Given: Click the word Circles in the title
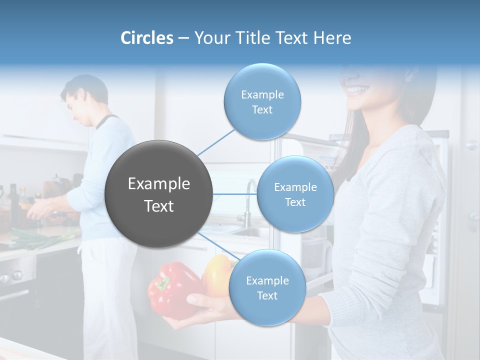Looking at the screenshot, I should point(146,38).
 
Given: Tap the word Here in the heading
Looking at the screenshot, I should point(332,38).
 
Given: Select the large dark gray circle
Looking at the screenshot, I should point(159,194).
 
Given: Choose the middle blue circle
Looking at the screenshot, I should point(295,194).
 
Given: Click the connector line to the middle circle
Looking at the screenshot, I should point(235,194).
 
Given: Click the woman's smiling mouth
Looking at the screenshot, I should point(357,90).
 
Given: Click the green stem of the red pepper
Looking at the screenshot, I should point(162,284).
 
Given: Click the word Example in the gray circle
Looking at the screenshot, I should point(159,184).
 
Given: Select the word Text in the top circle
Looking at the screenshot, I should point(262,110).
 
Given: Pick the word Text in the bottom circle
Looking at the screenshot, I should point(267,296).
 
